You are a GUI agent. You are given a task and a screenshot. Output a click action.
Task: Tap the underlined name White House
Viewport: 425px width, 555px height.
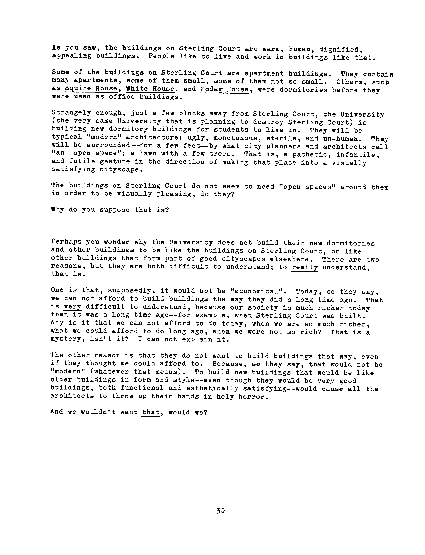150,89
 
